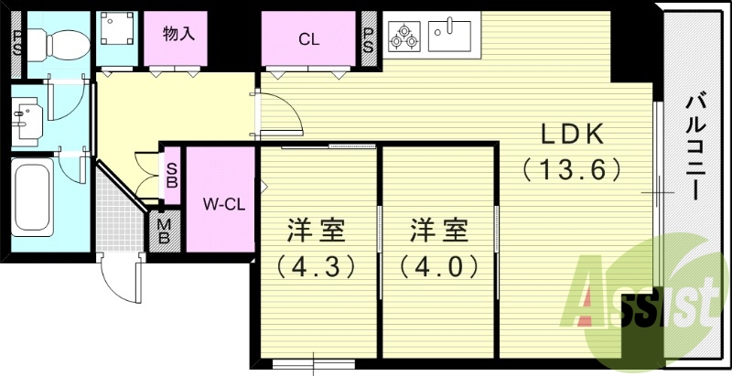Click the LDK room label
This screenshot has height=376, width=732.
click(573, 134)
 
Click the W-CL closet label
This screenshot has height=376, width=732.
click(221, 204)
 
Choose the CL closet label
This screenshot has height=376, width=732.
click(308, 38)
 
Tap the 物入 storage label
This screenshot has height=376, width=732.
click(178, 35)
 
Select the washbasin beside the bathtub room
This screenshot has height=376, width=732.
click(25, 116)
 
